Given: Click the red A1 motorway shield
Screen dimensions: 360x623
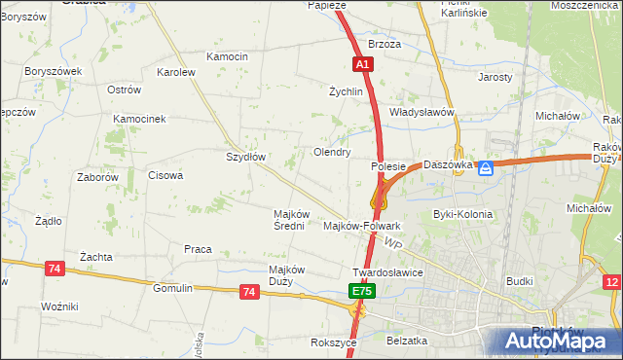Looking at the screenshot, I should (361, 64).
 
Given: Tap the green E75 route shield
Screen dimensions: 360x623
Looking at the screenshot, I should (361, 291).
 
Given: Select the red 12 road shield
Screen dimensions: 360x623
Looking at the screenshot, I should (612, 282).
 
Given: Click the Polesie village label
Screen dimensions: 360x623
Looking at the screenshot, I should (388, 166).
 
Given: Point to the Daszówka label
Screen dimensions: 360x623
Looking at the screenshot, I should (448, 164).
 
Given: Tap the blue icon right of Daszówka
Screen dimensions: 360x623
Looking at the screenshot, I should (486, 168).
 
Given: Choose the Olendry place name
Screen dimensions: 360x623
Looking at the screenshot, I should (331, 153).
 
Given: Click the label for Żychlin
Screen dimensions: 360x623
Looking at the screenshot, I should (346, 92).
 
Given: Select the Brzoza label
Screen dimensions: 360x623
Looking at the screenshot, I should (385, 45).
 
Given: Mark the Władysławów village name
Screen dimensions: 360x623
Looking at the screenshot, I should (422, 112).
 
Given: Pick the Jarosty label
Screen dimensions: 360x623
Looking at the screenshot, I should (495, 77).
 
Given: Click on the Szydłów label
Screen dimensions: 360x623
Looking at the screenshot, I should (246, 157).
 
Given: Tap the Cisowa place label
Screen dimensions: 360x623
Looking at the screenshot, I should (165, 176).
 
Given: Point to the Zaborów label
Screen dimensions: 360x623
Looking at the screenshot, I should (97, 178).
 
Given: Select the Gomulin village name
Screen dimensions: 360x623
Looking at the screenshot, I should (173, 289).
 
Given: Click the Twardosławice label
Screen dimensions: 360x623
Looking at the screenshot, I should (387, 272).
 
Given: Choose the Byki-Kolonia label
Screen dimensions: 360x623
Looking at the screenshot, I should (462, 214).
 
